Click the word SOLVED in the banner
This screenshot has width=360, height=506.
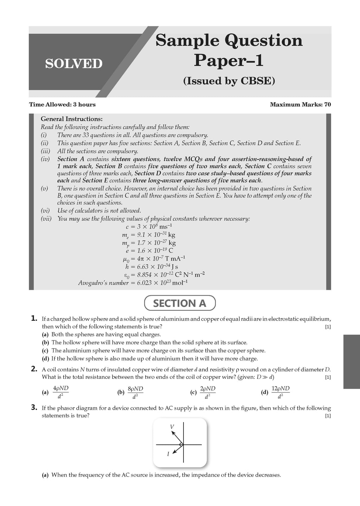point(73,64)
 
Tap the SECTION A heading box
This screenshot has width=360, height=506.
point(180,303)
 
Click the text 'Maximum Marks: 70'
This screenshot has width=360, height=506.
point(300,104)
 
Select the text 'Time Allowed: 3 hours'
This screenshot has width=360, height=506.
point(62,104)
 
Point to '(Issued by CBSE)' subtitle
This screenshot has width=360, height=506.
point(229,81)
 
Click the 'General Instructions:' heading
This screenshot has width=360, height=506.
point(72,119)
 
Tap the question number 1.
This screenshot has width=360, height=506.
point(34,318)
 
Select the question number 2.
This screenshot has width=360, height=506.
point(34,369)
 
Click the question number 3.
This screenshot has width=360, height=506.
point(34,407)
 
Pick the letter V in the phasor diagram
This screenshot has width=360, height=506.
point(172,427)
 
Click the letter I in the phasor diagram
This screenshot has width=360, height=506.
point(168,454)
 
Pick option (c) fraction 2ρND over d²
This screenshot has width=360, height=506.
point(207,392)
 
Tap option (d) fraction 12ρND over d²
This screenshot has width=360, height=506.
point(281,392)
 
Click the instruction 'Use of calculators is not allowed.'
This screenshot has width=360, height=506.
point(99,210)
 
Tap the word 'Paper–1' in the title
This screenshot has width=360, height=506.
point(229,60)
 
